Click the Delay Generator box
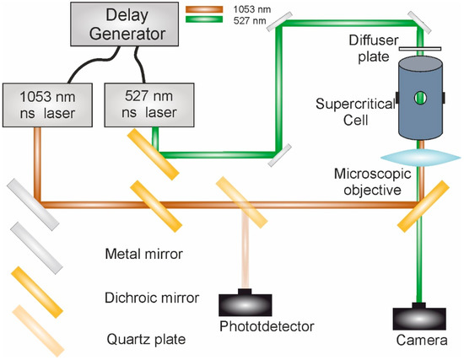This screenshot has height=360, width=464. tap(127, 28)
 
